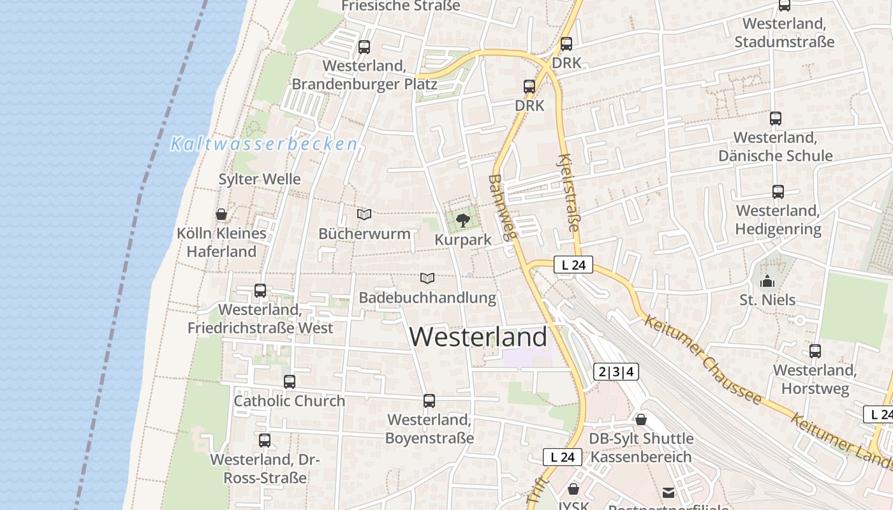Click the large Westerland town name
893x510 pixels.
478,337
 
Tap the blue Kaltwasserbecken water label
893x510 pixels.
263,144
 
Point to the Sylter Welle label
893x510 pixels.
260,179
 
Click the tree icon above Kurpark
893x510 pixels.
463,221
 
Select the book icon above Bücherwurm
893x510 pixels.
364,215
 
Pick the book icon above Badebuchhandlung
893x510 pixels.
427,279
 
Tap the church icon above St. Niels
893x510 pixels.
767,281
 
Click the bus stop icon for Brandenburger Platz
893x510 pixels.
364,47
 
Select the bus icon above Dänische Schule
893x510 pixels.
776,119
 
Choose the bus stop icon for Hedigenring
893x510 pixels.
778,192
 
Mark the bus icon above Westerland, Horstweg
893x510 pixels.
815,351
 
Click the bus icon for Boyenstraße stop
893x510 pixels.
429,401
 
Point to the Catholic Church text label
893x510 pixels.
289,401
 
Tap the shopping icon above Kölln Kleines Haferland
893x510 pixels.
221,214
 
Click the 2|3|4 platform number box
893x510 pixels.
616,372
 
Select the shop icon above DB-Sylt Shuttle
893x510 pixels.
641,419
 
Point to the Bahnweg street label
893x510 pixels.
502,208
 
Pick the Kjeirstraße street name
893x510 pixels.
569,193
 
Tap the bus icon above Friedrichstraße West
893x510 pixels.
260,291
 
